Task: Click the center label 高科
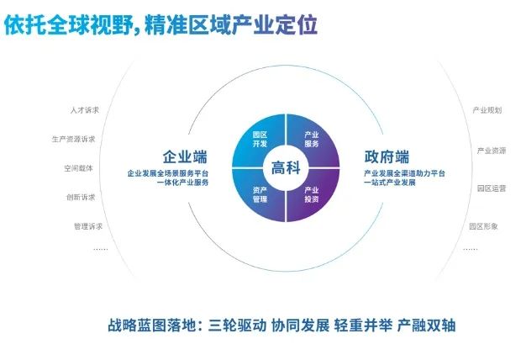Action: coord(286,167)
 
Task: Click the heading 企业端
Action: coord(185,156)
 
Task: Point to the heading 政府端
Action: coord(387,156)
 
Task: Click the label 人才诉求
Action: coord(85,110)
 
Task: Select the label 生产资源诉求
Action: coord(73,139)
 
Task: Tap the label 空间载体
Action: coord(78,168)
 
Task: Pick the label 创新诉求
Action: coord(81,198)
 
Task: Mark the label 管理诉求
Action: coord(88,226)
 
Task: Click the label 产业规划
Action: coord(487,110)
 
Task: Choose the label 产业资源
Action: coord(492,151)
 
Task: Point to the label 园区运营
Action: coord(492,188)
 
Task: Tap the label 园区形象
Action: coord(483,226)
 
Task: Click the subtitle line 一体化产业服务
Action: coord(182,183)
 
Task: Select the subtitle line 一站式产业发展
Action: coord(390,183)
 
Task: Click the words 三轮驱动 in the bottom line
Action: coord(237,325)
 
